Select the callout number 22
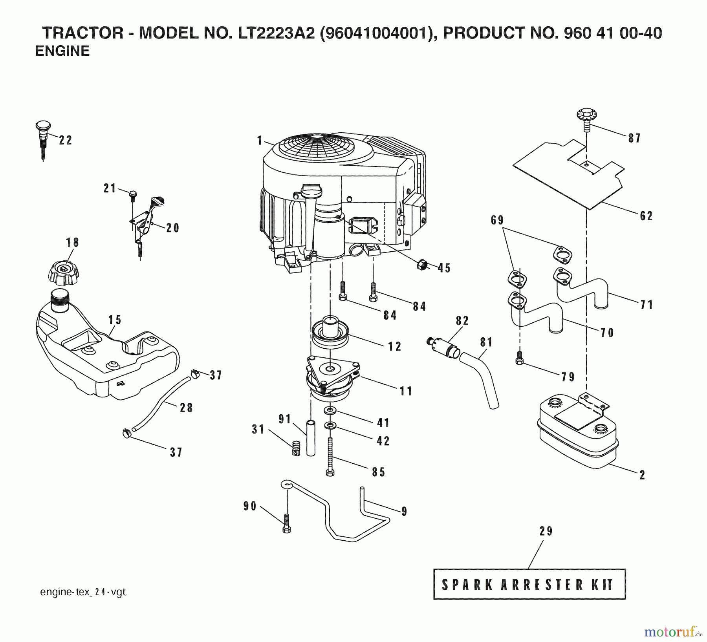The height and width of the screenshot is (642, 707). [x=66, y=140]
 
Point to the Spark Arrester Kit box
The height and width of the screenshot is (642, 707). [x=529, y=584]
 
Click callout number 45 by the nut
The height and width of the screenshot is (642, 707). [x=444, y=268]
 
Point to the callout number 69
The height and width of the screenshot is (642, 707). [x=497, y=220]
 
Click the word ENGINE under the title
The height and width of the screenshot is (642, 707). [x=62, y=51]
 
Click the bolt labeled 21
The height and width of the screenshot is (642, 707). [x=133, y=194]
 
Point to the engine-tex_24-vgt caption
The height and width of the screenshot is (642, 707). [x=83, y=592]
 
